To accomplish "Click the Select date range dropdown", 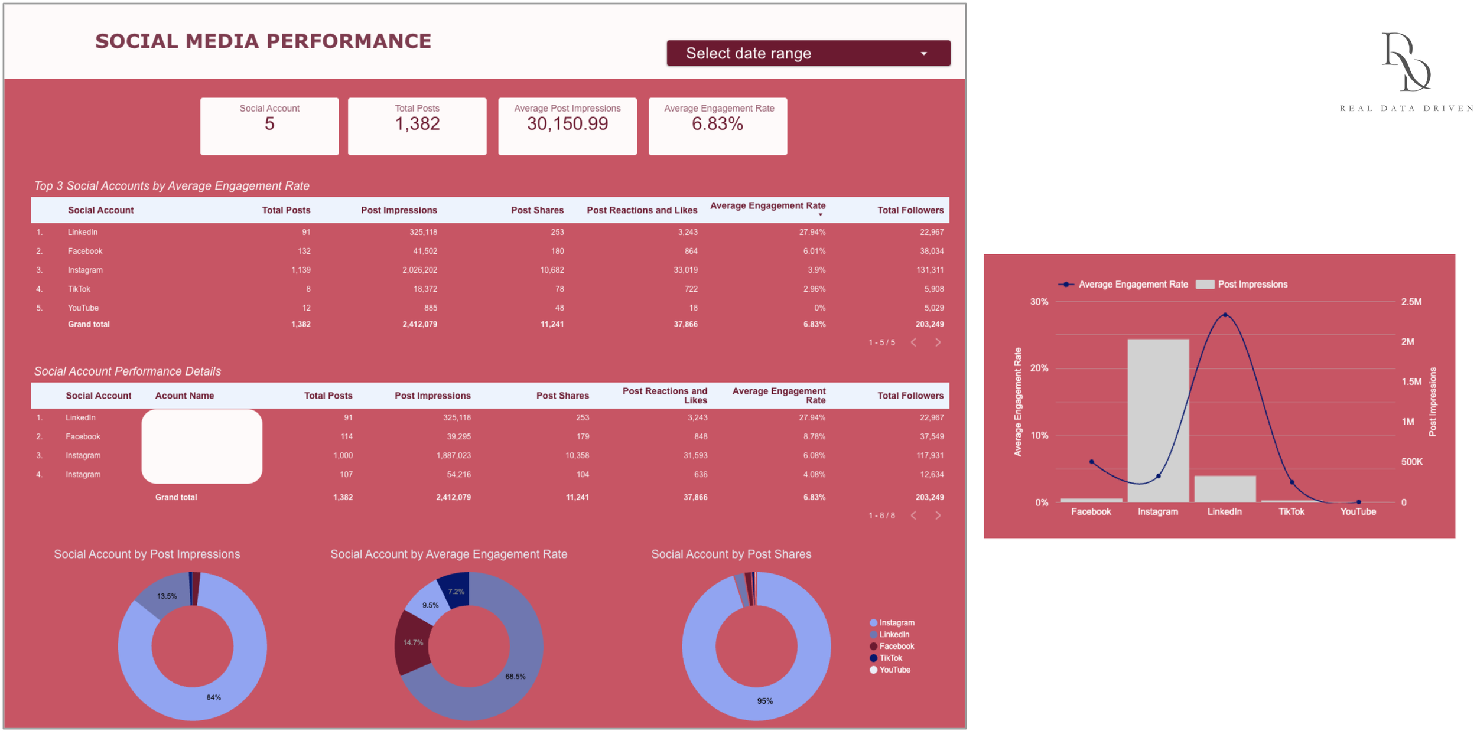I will tap(808, 53).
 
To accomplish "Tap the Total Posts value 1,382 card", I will tap(417, 124).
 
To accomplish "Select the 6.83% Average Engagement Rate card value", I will tap(717, 124).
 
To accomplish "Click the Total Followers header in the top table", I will tap(910, 210).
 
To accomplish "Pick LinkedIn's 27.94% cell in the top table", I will tap(812, 232).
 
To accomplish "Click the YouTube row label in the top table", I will tap(83, 308).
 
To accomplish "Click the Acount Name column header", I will tap(184, 396).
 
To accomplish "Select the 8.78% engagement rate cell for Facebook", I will tap(814, 436).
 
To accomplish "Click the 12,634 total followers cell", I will tap(931, 474).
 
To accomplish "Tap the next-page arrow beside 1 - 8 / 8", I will tap(938, 515).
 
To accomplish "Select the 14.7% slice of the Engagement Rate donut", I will tap(413, 642).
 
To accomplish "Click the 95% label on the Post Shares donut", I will tap(764, 701).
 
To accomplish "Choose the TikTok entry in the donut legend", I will tap(890, 658).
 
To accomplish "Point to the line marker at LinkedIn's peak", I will tap(1225, 315).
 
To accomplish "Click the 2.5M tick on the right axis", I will tap(1411, 302).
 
